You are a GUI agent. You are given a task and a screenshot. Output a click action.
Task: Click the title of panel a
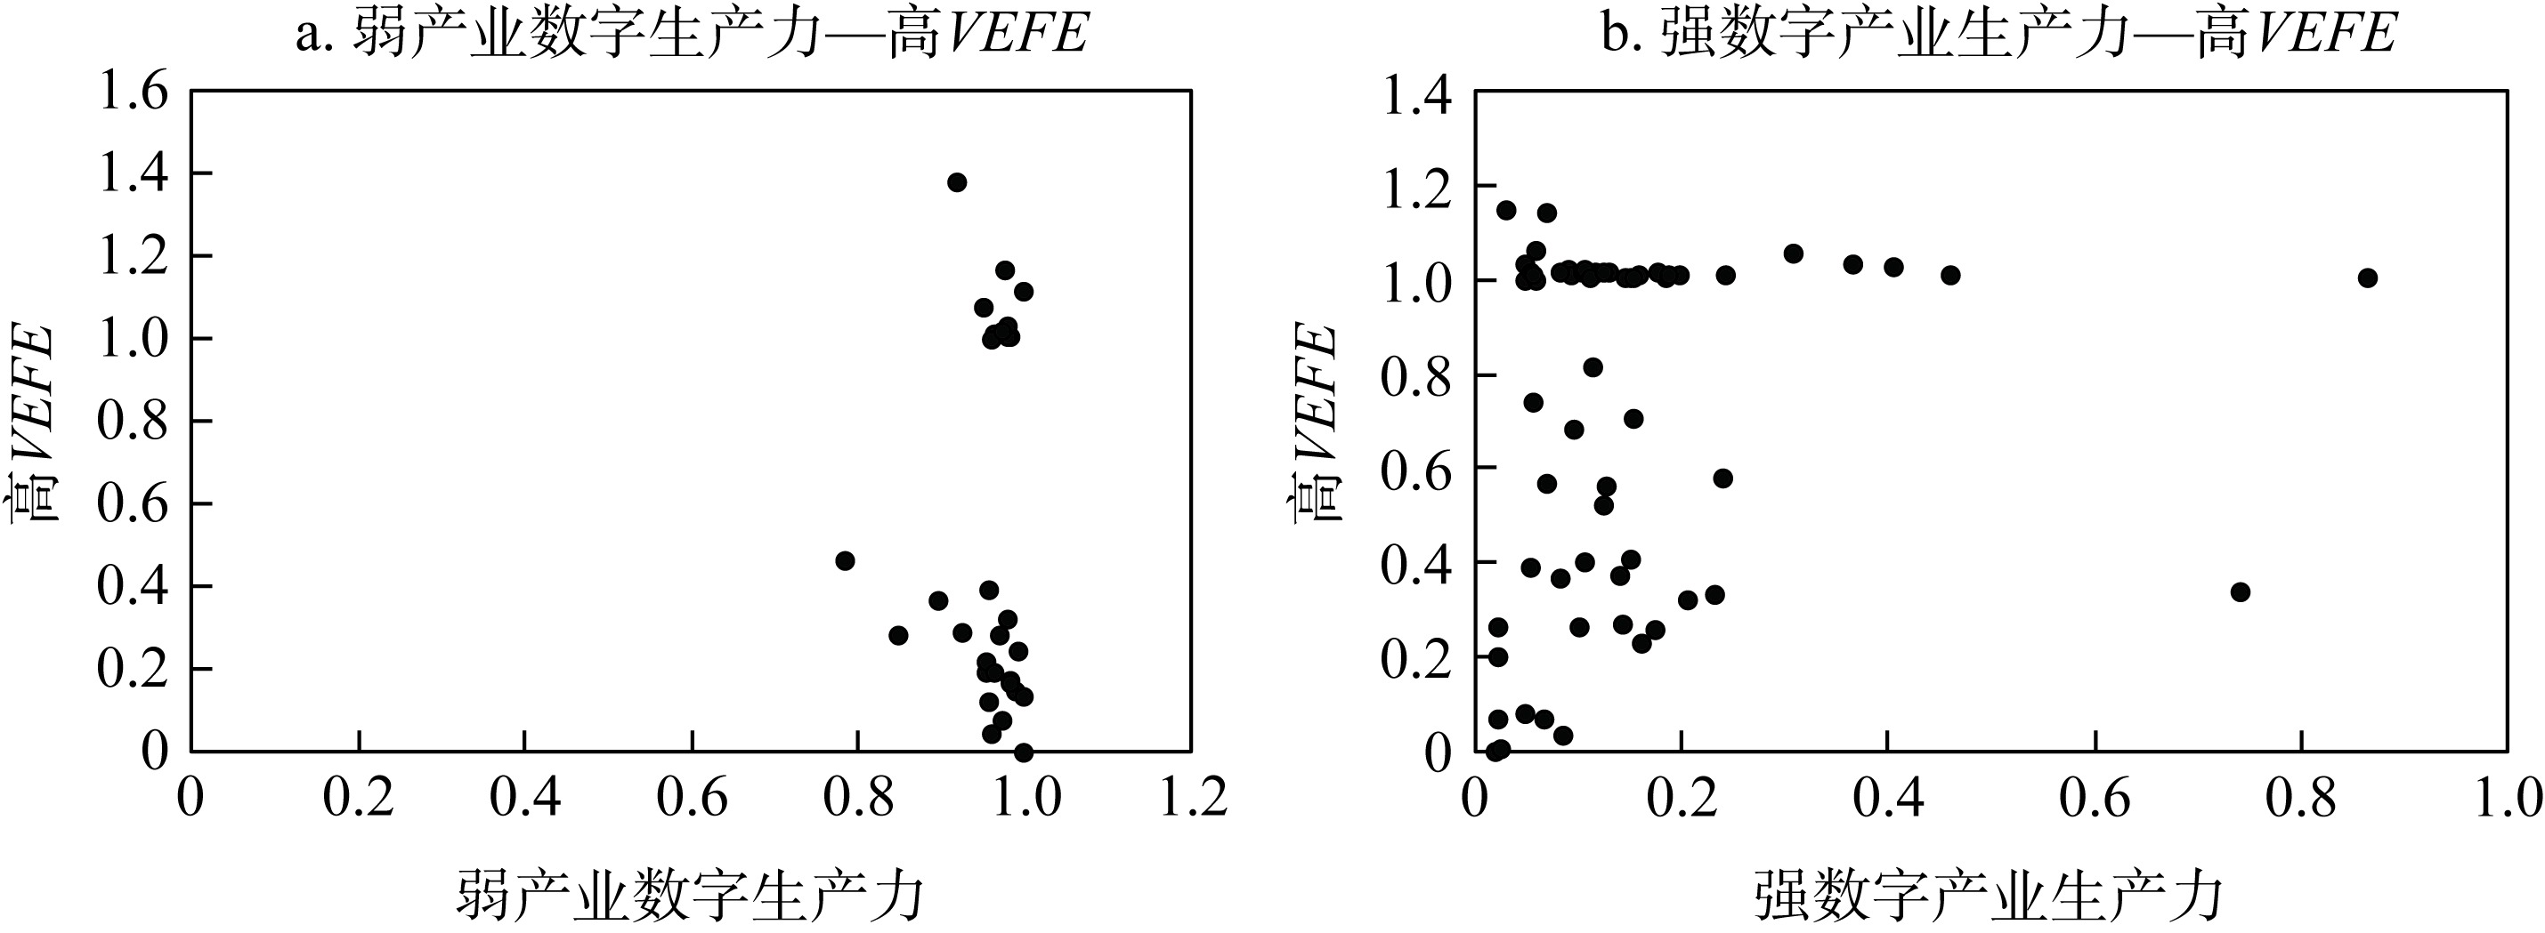click(x=692, y=34)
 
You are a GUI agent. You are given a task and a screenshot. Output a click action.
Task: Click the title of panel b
click(x=1998, y=34)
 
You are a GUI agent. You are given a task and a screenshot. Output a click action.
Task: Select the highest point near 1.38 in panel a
click(x=956, y=181)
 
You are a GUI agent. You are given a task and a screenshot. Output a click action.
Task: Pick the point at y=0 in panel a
click(x=1024, y=752)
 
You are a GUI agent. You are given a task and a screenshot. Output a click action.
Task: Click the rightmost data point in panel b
click(x=2367, y=278)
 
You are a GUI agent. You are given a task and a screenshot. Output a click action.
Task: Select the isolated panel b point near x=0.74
click(x=2241, y=592)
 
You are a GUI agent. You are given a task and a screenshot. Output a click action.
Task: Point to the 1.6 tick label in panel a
click(x=133, y=92)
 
